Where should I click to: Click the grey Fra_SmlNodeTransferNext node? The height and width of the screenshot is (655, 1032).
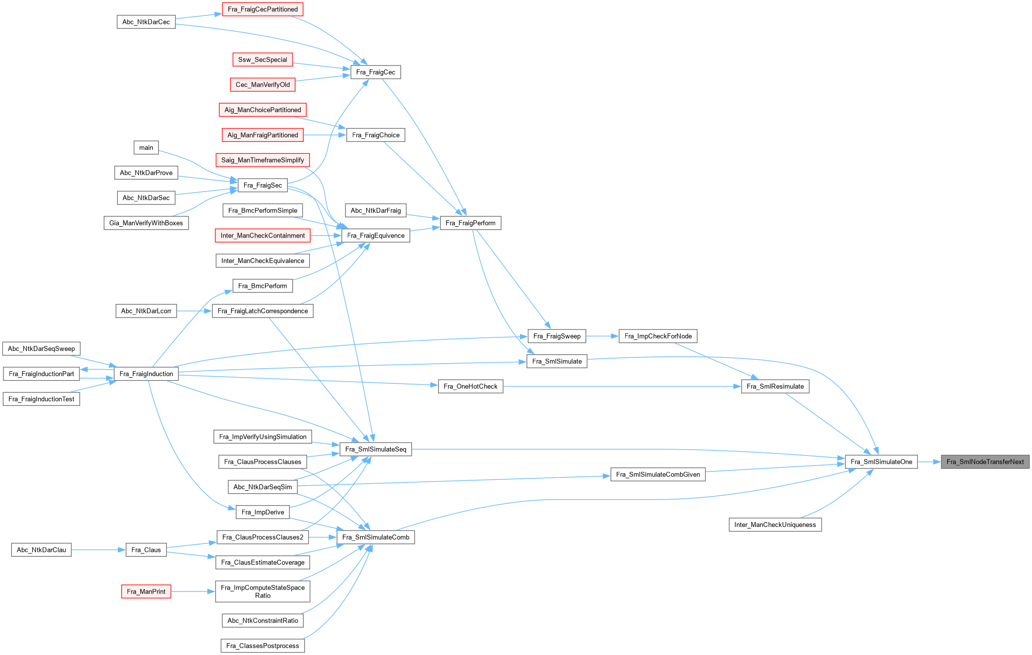[x=985, y=462]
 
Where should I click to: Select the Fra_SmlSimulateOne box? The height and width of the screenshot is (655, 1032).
[x=881, y=462]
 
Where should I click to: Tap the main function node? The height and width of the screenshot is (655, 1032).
[x=146, y=147]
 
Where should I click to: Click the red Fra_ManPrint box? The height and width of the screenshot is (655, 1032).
[x=146, y=591]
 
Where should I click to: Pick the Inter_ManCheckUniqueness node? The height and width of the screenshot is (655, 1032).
[x=775, y=524]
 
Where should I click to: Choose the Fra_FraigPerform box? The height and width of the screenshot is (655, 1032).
[x=470, y=223]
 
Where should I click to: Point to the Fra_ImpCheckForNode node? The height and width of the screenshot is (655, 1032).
[x=658, y=336]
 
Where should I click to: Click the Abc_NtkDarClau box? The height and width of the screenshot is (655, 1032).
[x=41, y=550]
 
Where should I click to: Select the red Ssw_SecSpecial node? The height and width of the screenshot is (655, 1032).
[x=262, y=60]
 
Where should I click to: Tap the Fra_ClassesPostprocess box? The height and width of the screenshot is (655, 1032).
[x=262, y=646]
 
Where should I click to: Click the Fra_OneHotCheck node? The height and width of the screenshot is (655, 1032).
[x=470, y=387]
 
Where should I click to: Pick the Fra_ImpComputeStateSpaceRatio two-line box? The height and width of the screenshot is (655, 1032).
[x=262, y=591]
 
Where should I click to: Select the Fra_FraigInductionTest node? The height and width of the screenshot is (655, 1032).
[x=41, y=399]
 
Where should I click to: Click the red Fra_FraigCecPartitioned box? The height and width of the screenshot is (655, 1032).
[x=262, y=9]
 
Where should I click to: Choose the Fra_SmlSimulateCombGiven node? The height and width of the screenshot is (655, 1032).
[x=658, y=474]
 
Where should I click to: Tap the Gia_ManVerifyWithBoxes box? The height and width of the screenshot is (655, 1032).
[x=146, y=223]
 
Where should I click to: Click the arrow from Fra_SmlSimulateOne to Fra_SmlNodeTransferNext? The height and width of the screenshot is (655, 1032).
[x=929, y=462]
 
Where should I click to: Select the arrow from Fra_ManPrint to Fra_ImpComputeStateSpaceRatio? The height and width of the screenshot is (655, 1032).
[x=193, y=591]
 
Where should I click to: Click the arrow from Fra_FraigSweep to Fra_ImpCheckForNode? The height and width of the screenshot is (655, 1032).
[x=602, y=336]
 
